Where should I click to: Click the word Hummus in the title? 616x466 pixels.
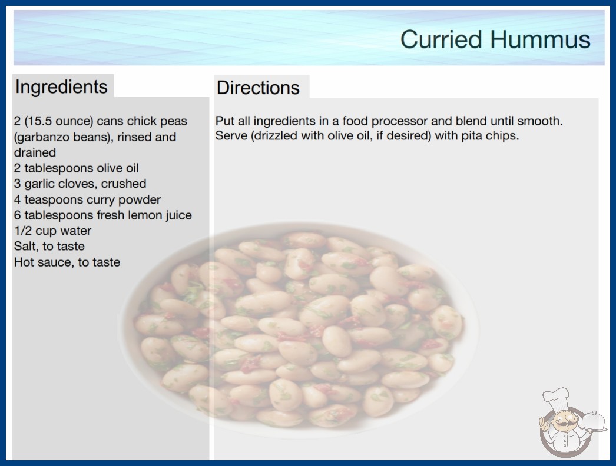coord(540,39)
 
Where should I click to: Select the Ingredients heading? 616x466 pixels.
coord(61,87)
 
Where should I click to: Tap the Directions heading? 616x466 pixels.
coord(258,88)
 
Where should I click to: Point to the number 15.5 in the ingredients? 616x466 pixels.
coord(39,121)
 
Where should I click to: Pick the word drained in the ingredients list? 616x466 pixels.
coord(35,152)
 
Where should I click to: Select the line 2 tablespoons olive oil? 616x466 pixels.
coord(76,168)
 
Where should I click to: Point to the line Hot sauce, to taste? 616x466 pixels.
coord(67,262)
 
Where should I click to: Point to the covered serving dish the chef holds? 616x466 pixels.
coord(594,421)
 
